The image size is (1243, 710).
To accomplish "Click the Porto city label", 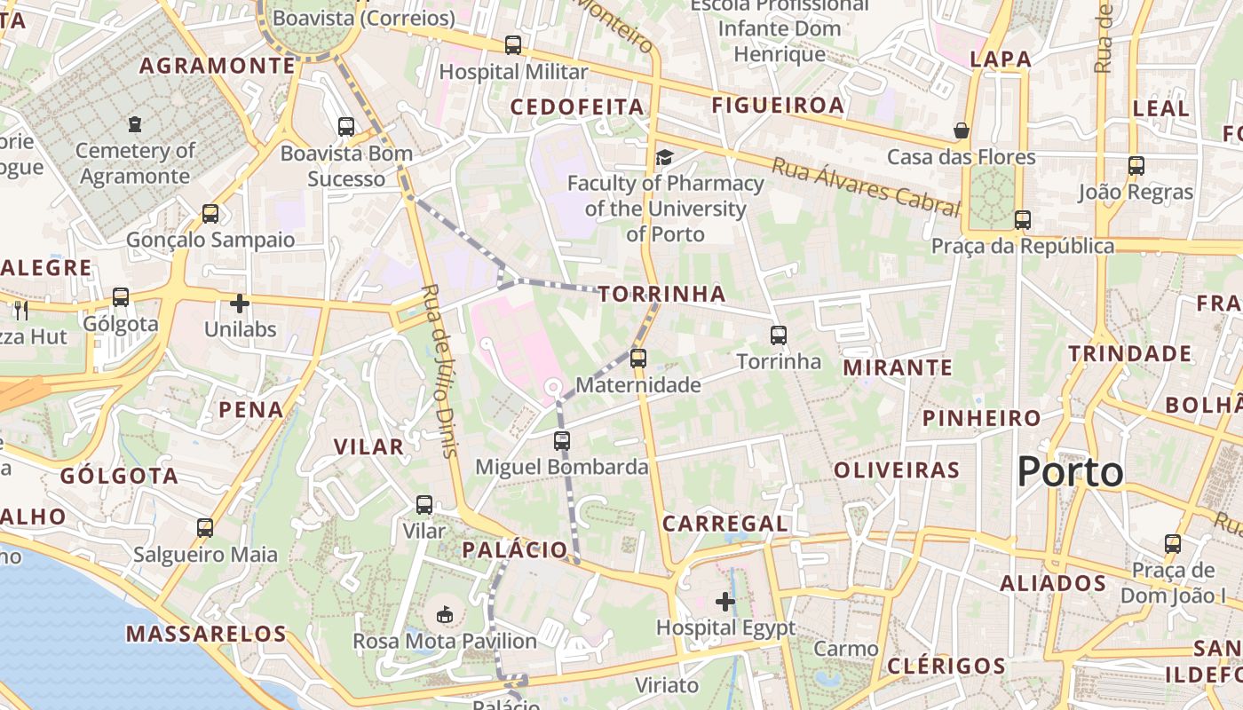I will coord(1070,471).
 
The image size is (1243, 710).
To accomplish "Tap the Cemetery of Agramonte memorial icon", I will coord(135,124).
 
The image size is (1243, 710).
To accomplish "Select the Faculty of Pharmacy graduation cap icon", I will coord(664,157).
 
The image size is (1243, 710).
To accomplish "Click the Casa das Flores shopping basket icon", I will coord(961,130).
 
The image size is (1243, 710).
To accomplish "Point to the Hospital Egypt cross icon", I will coord(725,602).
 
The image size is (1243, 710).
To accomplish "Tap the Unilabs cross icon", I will coord(240,304).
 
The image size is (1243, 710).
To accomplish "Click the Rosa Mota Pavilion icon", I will coord(445,613).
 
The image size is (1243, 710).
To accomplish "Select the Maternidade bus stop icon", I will coord(637,359).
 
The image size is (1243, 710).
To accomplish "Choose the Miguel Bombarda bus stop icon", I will coord(561,440).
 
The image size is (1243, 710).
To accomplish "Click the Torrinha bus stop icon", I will coord(779,335).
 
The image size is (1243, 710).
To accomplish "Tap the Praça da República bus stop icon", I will coord(1023,219).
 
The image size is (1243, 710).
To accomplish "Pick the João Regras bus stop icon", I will coord(1136,165).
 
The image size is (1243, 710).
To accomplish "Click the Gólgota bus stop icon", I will coord(121,297).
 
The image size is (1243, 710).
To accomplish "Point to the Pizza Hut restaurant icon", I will coord(21,310).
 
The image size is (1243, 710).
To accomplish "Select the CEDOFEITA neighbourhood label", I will coord(577,107).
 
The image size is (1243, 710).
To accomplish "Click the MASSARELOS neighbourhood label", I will coord(206,634).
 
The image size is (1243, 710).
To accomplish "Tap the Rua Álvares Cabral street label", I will coord(866,186).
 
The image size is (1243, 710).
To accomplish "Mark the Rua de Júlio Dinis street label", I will coord(440,370).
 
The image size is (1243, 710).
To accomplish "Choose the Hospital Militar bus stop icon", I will coord(512,44).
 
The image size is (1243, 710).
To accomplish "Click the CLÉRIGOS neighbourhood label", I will coord(946,666).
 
